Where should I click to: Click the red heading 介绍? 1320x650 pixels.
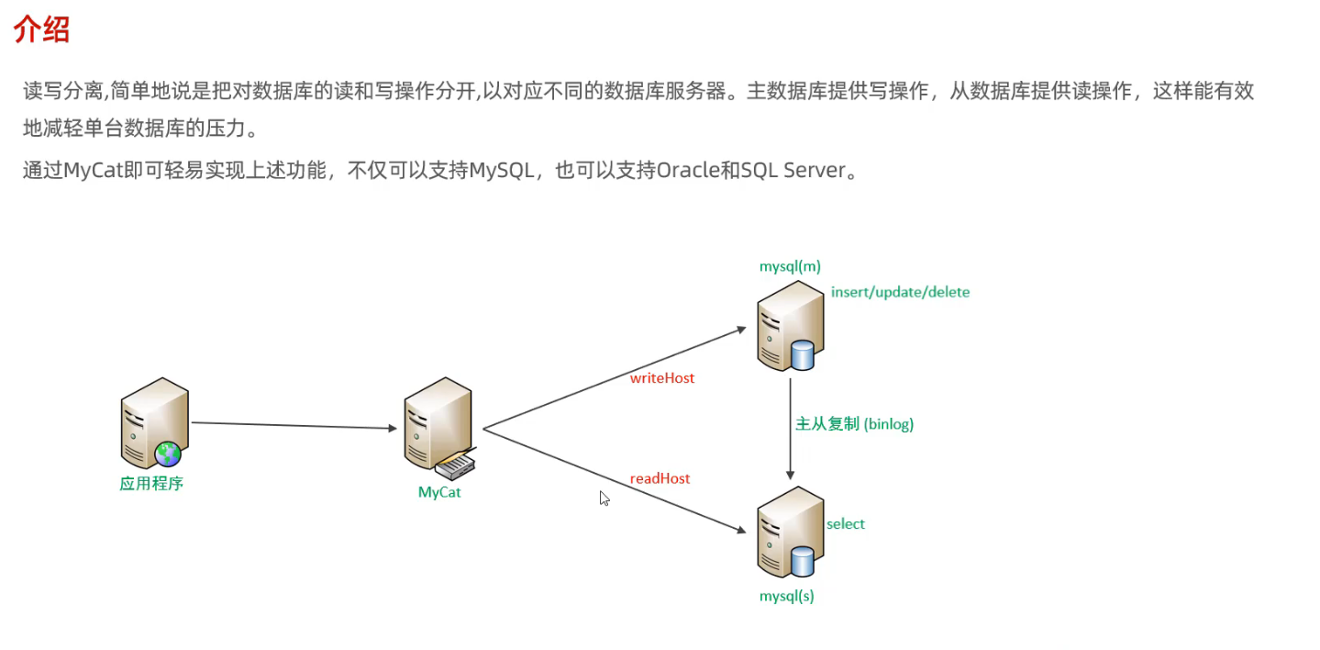pyautogui.click(x=42, y=30)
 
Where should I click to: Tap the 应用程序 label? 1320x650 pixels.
pyautogui.click(x=151, y=483)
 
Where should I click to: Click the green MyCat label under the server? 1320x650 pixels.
pyautogui.click(x=439, y=492)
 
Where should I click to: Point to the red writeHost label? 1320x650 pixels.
pyautogui.click(x=661, y=378)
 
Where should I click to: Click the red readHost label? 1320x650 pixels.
pyautogui.click(x=660, y=478)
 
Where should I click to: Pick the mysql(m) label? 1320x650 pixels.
pyautogui.click(x=790, y=266)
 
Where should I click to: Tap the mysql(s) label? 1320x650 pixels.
pyautogui.click(x=786, y=596)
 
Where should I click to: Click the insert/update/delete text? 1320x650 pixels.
pyautogui.click(x=900, y=292)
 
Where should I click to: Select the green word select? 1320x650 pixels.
pyautogui.click(x=845, y=524)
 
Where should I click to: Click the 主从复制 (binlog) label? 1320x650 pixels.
pyautogui.click(x=854, y=424)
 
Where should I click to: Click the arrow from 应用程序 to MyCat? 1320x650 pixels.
pyautogui.click(x=294, y=425)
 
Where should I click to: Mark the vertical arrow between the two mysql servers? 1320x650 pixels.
pyautogui.click(x=790, y=427)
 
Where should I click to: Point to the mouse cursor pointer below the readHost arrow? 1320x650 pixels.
pyautogui.click(x=605, y=498)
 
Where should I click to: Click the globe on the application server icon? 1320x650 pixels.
pyautogui.click(x=168, y=453)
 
